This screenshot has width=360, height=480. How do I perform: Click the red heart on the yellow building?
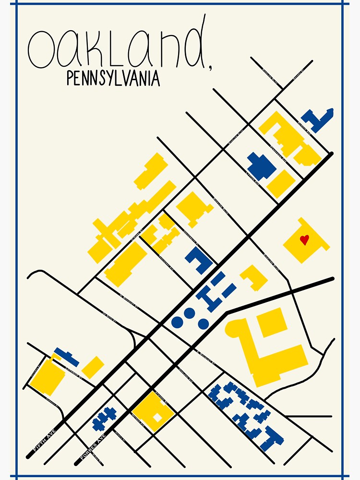click(x=304, y=240)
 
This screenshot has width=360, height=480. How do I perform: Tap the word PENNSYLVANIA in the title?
click(x=113, y=78)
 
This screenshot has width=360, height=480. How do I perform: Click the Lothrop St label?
click(x=74, y=370)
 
